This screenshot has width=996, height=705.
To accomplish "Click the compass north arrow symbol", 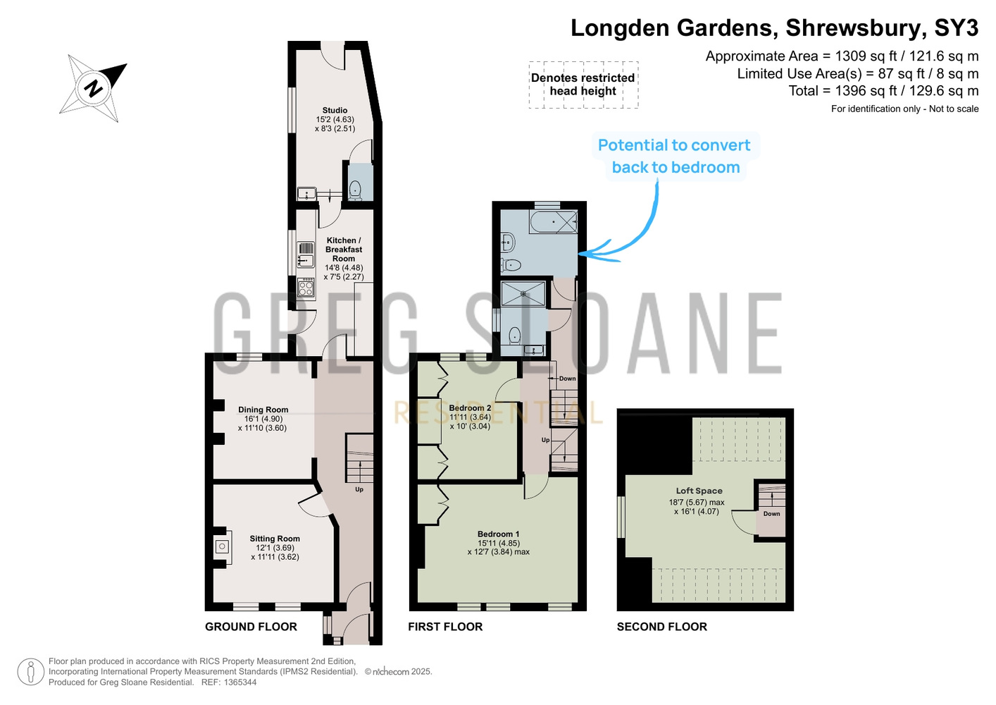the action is tap(94, 87).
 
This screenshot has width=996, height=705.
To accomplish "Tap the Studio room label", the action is tap(335, 111).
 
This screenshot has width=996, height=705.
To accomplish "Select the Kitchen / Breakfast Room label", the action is tap(344, 250).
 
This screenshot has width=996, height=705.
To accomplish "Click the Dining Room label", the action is tap(263, 410).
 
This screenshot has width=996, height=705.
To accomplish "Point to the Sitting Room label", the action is tap(275, 539).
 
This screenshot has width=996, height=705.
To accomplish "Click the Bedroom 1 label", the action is tap(499, 534).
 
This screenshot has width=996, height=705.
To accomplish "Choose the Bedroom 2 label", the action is tap(470, 407).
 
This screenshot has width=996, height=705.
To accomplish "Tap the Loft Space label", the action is tap(699, 491).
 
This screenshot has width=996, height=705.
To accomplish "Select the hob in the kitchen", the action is tap(306, 288).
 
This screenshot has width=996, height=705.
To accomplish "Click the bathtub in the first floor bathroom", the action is tap(553, 221).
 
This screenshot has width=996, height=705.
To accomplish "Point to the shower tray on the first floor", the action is tap(523, 293).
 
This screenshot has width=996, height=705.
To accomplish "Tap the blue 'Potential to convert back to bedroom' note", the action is tap(675, 157).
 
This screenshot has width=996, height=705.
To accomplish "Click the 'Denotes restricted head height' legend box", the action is tap(583, 85).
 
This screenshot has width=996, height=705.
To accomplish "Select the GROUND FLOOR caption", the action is tap(251, 627).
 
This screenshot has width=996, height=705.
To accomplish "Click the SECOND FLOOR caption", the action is tap(661, 627).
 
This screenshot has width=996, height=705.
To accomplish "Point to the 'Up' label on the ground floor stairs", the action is tap(359, 489).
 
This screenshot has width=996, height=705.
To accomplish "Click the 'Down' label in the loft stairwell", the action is tap(771, 513).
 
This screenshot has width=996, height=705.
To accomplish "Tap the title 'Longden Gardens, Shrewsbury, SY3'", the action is tap(775, 28).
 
